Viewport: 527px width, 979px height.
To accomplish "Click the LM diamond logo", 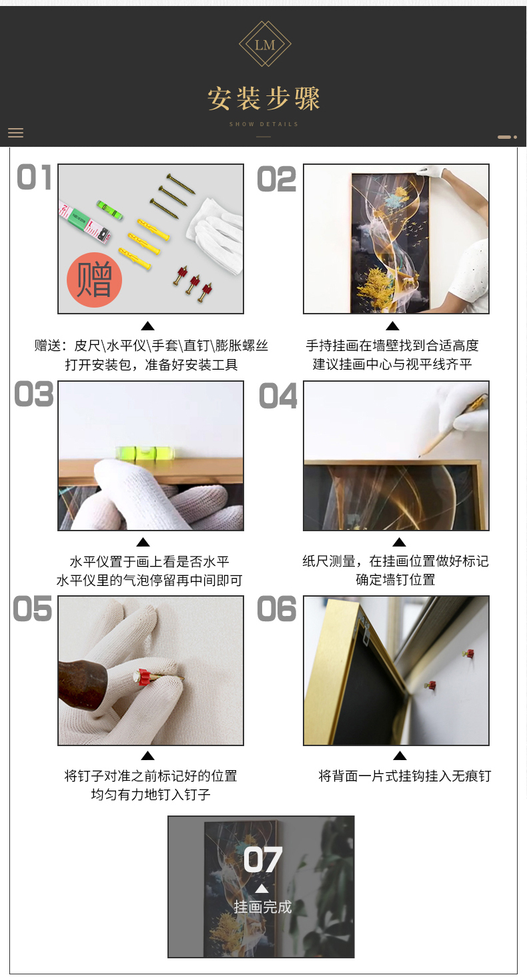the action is coord(265,43).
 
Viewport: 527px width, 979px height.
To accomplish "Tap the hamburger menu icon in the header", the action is coord(16,133).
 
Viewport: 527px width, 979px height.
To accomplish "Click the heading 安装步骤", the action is coord(263,99).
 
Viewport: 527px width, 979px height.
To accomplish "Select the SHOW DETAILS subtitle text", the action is coord(263,124).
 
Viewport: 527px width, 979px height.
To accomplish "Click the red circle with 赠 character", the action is coord(94,280).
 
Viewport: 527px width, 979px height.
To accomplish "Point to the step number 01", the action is coord(34,178).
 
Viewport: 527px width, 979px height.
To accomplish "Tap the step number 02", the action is coord(277,180).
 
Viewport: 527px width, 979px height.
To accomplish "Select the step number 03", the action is coord(33,394).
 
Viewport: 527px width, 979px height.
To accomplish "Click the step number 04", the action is coord(278,396).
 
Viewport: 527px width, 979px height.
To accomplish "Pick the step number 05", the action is coord(32,609).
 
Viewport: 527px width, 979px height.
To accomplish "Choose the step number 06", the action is coord(277,609).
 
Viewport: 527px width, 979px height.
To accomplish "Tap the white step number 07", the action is coord(263,860).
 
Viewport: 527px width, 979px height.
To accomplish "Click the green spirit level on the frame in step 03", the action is coord(145,452).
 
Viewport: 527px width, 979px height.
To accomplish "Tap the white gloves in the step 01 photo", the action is coord(215,236).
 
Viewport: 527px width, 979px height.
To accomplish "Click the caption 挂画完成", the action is coord(263,907).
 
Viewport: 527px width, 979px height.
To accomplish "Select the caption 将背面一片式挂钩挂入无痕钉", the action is coord(405,775).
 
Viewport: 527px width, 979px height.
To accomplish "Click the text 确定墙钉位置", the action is coord(396,580).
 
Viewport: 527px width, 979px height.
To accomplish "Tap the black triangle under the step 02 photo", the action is coord(392,326).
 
